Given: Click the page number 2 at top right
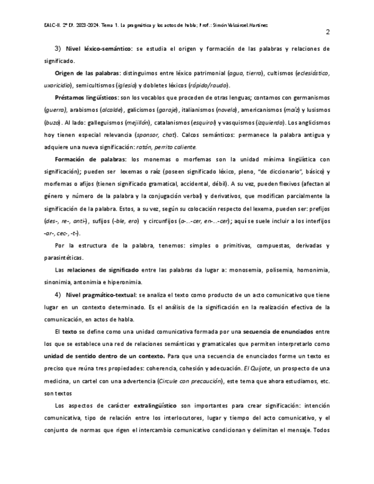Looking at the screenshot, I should pyautogui.click(x=328, y=32).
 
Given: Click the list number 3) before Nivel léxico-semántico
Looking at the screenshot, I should pyautogui.click(x=58, y=49).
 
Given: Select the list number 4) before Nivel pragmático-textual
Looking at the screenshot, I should pyautogui.click(x=58, y=295).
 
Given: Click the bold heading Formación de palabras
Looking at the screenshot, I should pyautogui.click(x=90, y=159).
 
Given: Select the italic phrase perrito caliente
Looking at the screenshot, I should pyautogui.click(x=196, y=147).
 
